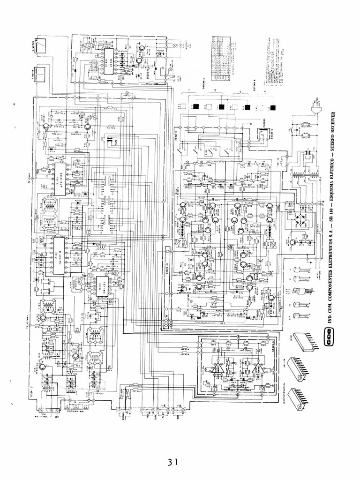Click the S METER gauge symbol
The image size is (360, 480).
pos(40,45)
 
